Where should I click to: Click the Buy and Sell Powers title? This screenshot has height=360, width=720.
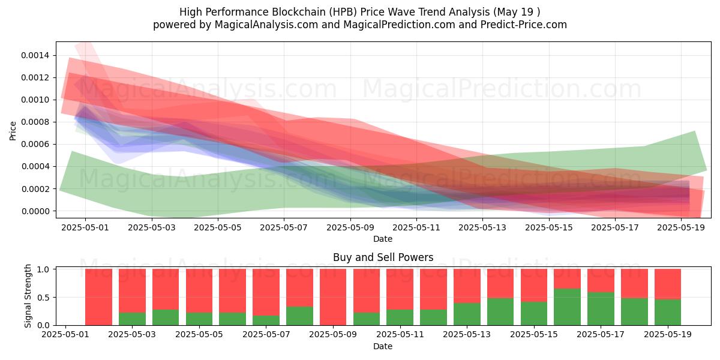coord(383,257)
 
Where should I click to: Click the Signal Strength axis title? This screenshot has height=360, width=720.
coord(28,296)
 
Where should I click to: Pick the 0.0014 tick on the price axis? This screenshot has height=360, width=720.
coord(37,55)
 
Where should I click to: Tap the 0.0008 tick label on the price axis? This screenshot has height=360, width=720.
coord(37,122)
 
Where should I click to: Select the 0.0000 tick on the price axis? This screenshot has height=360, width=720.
coord(37,211)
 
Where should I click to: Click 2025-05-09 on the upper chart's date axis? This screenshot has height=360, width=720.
coord(350,228)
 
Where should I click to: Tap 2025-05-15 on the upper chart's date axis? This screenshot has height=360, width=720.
coord(549,228)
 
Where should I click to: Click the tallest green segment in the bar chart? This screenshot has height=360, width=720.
coord(567,307)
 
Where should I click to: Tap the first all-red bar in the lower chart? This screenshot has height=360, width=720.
coord(98,297)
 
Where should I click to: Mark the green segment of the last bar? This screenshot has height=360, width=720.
coord(668,312)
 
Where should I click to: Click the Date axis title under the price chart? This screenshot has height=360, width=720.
coord(383,239)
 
